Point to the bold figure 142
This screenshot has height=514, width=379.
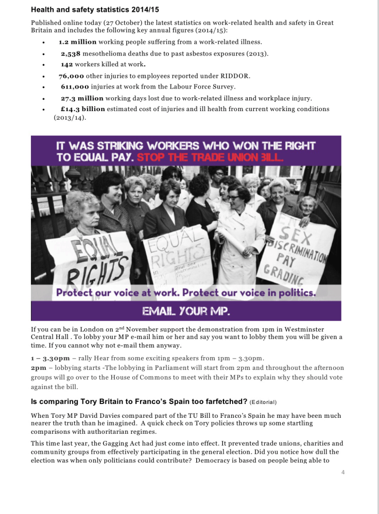pos(67,64)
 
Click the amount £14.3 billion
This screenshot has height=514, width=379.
pos(82,109)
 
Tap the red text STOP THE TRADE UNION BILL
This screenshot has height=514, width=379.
pos(210,157)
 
